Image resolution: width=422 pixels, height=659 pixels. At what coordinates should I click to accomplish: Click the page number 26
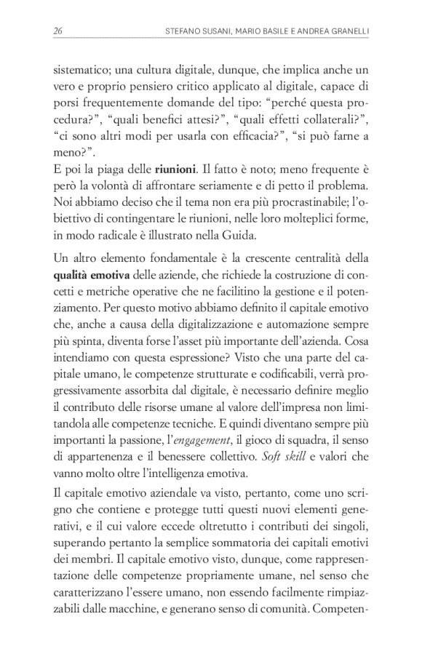(x=57, y=31)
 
